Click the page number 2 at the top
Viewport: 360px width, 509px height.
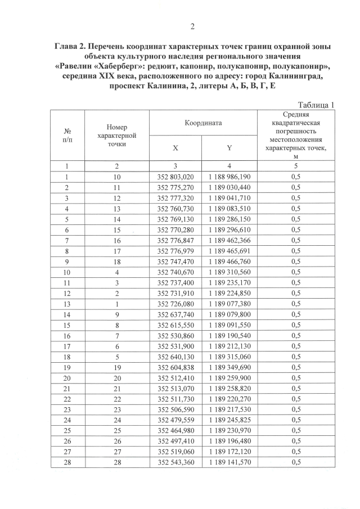(192, 26)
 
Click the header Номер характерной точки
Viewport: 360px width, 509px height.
(117, 135)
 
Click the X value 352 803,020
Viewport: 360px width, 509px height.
(175, 177)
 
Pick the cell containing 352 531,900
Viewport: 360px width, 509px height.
(175, 346)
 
